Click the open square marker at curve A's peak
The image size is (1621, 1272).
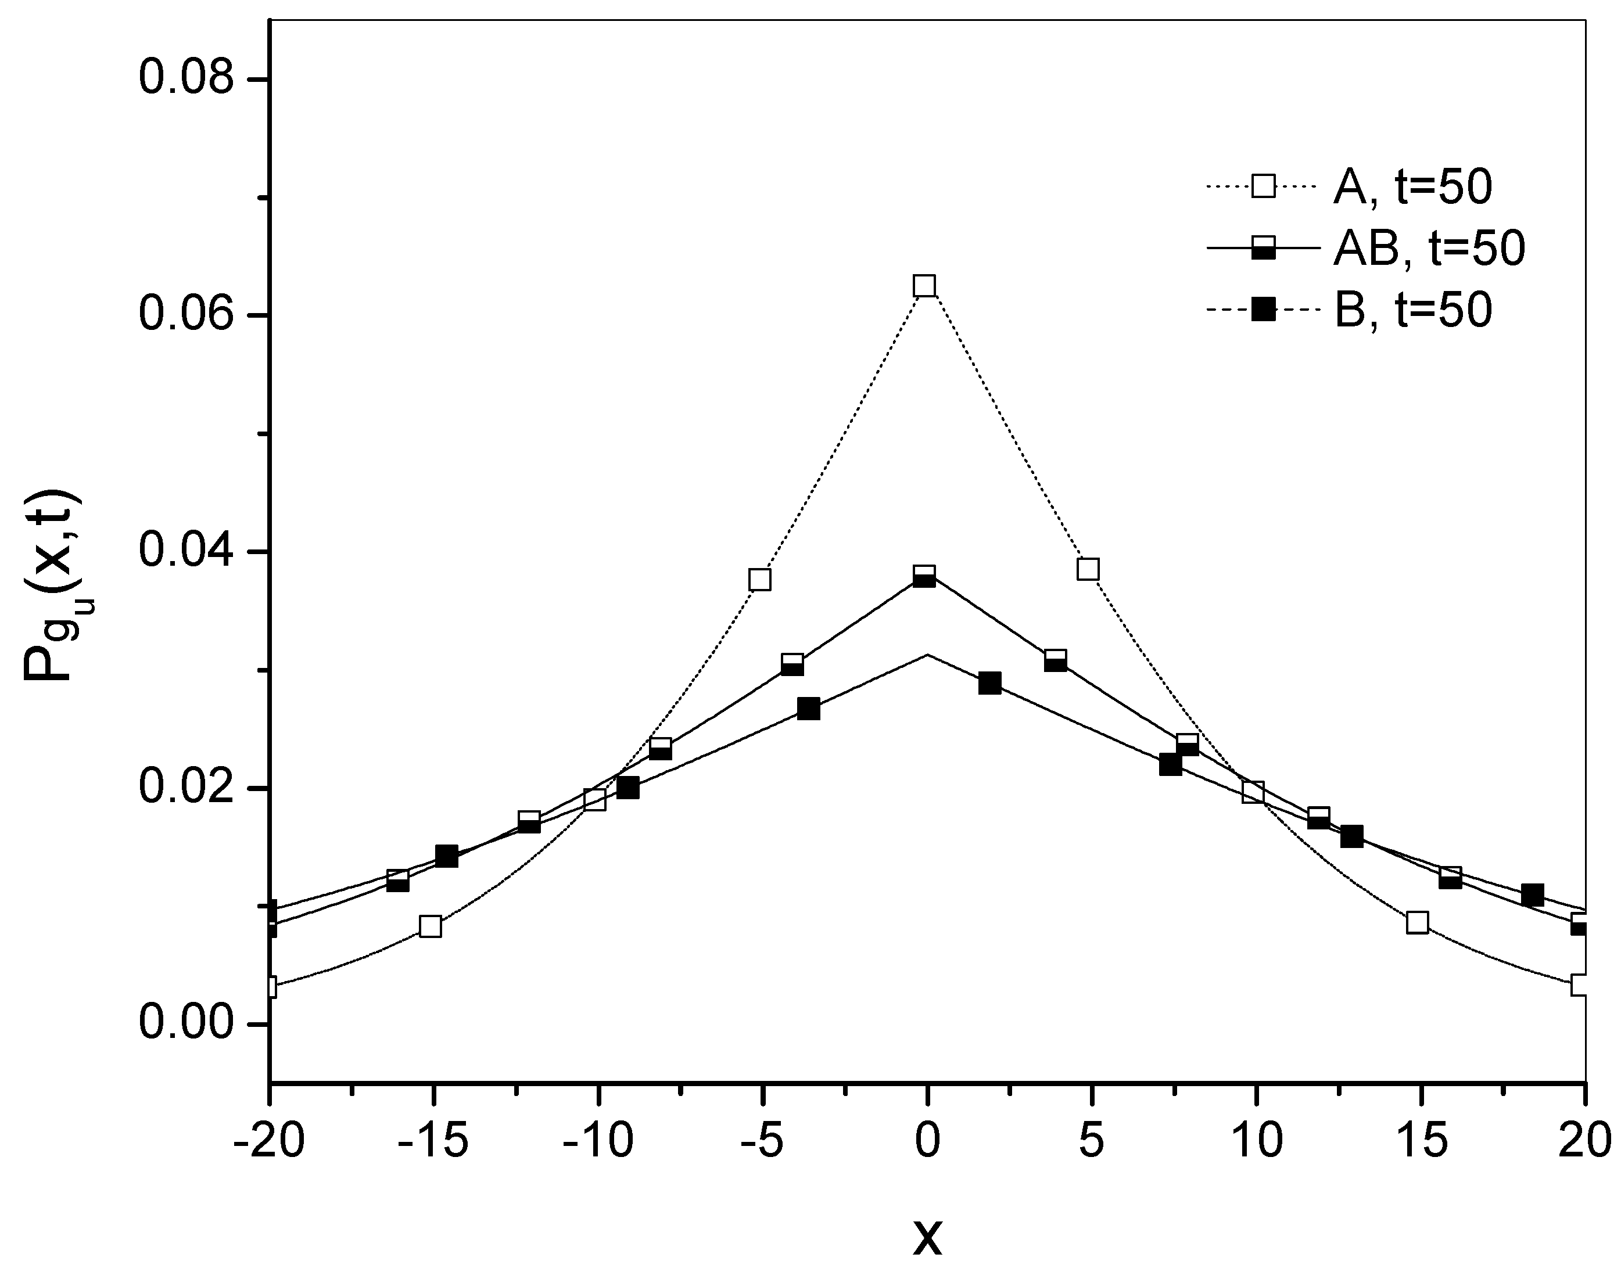pyautogui.click(x=924, y=286)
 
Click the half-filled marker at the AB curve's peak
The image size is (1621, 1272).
pyautogui.click(x=924, y=576)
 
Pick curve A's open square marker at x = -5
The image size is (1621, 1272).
pyautogui.click(x=760, y=580)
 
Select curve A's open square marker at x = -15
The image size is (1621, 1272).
pyautogui.click(x=431, y=927)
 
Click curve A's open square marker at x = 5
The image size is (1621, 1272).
pyautogui.click(x=1088, y=570)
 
